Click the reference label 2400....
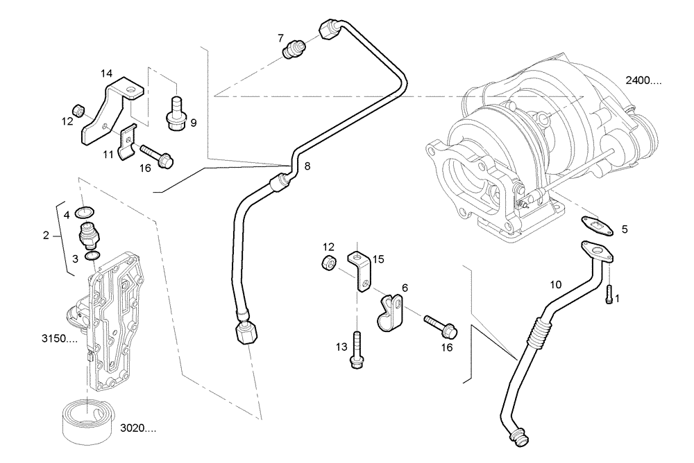(643, 81)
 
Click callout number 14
(106, 73)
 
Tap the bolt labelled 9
(176, 113)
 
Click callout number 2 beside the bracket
(46, 236)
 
